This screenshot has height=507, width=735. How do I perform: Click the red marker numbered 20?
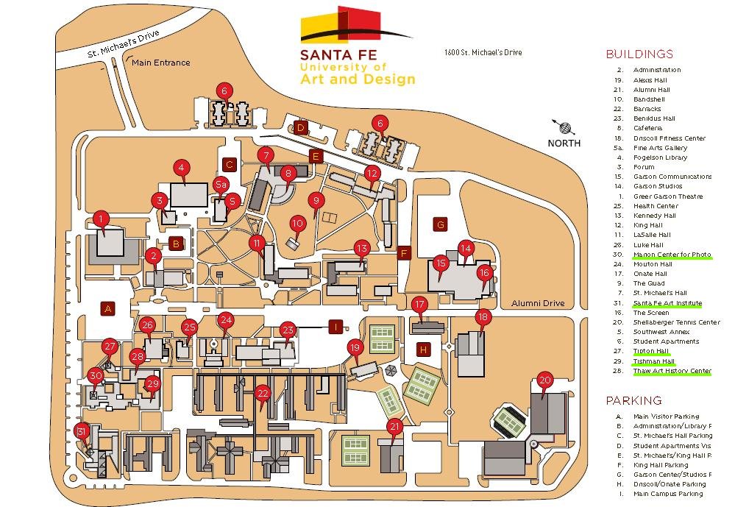click(x=544, y=380)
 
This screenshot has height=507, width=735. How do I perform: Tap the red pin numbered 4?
click(x=180, y=167)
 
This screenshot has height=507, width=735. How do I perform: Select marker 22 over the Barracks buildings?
click(x=263, y=393)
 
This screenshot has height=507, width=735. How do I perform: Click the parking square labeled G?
click(x=441, y=224)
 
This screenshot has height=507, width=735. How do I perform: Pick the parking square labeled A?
click(x=108, y=308)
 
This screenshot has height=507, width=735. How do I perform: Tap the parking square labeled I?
click(x=336, y=327)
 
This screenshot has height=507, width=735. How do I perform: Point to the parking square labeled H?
click(x=423, y=350)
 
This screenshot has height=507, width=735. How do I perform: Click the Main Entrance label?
click(x=160, y=63)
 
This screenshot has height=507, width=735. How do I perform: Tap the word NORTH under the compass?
click(x=564, y=143)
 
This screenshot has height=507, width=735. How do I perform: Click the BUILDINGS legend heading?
click(x=639, y=54)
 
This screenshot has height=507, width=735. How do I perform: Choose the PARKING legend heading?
click(x=633, y=400)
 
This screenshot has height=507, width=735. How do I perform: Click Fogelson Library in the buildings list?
click(x=660, y=157)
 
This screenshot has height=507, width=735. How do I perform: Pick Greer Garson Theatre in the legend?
click(x=667, y=196)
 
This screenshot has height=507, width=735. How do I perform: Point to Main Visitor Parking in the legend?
click(x=666, y=416)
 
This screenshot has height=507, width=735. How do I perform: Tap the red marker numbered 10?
click(x=297, y=223)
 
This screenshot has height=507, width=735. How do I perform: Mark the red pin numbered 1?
click(x=102, y=218)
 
